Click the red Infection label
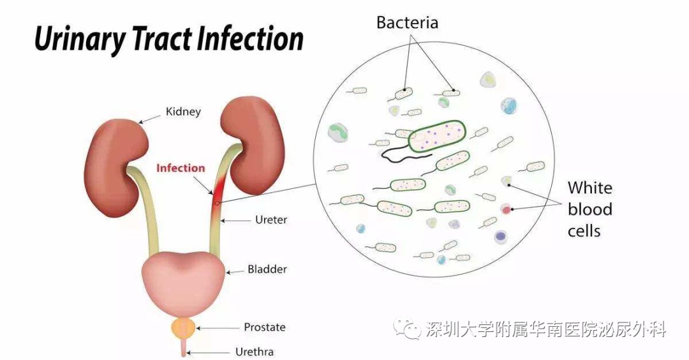181,168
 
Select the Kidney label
183,112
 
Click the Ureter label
271,220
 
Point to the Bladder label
267,269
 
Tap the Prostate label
265,327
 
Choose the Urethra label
255,352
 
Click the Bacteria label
407,23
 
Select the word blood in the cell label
590,209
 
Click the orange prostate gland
183,328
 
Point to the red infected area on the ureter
218,193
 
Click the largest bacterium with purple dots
437,136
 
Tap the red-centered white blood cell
507,209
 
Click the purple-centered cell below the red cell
501,237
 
